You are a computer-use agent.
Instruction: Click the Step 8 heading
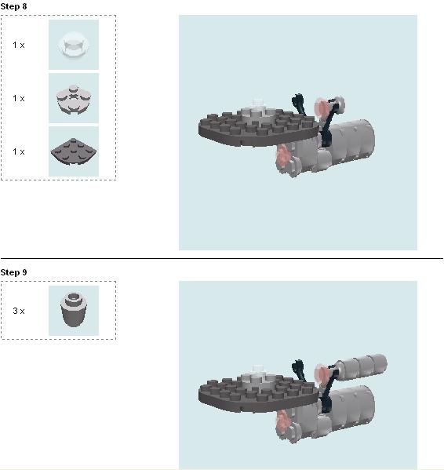13,6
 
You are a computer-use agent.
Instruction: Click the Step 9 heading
13,272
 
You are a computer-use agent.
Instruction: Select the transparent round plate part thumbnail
74,45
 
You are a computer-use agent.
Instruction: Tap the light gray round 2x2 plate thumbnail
74,98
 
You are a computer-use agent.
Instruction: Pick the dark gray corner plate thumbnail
74,151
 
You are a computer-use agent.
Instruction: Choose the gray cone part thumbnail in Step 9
74,311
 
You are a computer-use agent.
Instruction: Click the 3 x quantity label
19,311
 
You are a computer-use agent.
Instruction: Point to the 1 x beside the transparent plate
19,45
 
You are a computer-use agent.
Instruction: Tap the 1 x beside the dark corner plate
19,151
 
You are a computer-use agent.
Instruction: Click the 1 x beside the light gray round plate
19,98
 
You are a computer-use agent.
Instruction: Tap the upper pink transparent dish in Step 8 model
321,107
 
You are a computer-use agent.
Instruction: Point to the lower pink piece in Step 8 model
282,156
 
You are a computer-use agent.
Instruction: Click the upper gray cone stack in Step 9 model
361,366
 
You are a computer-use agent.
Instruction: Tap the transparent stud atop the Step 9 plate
257,369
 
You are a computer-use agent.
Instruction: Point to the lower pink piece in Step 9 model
282,423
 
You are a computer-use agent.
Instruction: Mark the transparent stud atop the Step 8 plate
257,103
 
